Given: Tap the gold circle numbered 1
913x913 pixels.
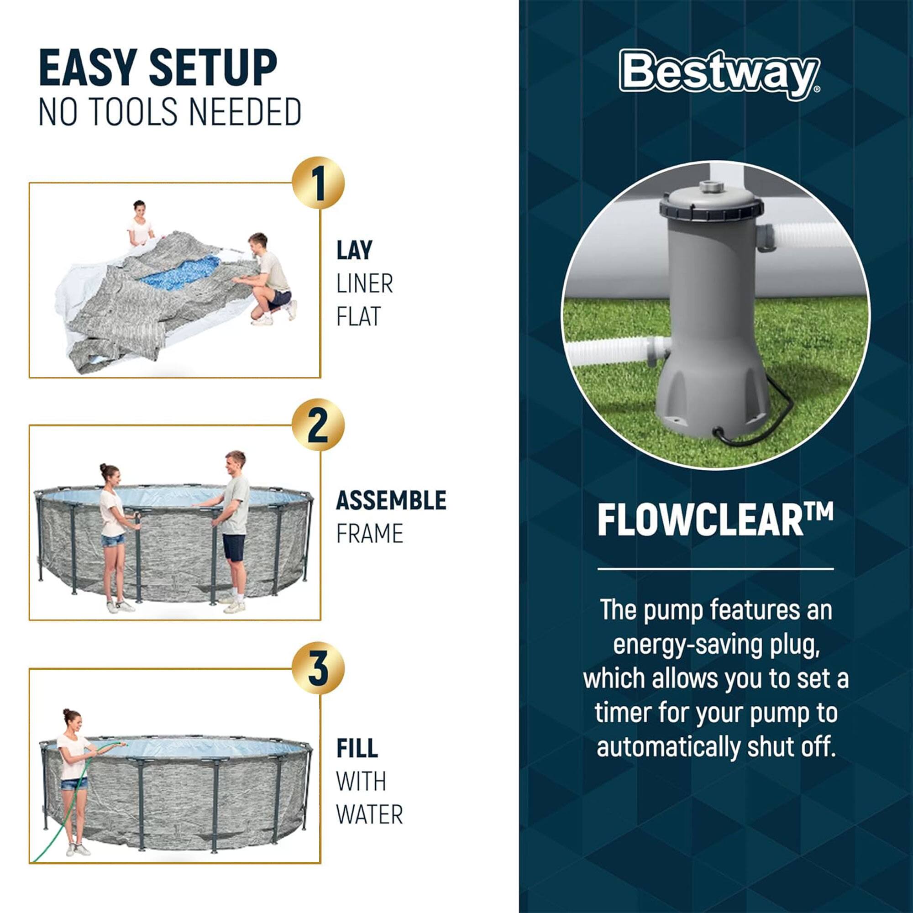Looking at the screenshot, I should pos(318,183).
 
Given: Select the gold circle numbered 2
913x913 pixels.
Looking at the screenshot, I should pos(318,426).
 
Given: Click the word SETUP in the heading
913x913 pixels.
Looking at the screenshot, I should pos(213,68).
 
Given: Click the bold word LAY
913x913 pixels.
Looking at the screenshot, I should pos(354,250).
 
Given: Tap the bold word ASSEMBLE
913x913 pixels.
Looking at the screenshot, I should pos(391,500).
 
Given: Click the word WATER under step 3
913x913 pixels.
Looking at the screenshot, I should pos(369,814).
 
